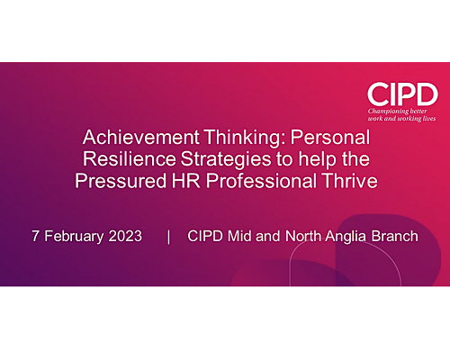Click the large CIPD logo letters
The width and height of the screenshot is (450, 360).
(402, 94)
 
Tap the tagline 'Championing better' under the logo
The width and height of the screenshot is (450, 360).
(398, 112)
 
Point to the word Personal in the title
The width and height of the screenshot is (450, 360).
(330, 137)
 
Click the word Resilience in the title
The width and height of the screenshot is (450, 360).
(130, 159)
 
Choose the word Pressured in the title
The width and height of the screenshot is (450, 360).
(121, 181)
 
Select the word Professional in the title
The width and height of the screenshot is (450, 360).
(261, 181)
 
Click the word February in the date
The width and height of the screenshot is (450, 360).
(74, 237)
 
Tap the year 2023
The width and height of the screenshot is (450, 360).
(125, 236)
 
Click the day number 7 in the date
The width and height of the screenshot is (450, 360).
(35, 236)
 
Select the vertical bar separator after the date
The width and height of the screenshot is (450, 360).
(168, 237)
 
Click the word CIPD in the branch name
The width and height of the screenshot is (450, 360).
(205, 236)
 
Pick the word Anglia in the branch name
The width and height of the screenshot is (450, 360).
(346, 237)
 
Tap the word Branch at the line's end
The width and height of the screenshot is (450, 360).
(395, 236)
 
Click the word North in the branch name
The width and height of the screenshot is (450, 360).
(303, 236)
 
